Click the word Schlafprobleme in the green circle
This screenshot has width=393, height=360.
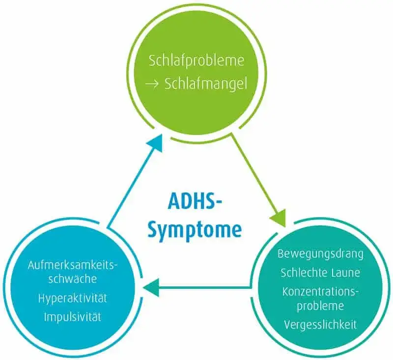pos(196,61)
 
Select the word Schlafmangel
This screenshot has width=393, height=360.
pos(206,83)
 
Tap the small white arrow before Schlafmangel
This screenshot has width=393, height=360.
pos(152,84)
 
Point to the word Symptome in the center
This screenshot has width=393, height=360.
pos(195,230)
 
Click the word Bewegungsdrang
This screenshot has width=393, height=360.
pos(320,254)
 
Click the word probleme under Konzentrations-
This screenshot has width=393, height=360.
pos(320,306)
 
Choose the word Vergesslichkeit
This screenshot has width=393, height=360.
pos(320,325)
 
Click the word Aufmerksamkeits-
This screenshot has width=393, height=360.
pos(73,265)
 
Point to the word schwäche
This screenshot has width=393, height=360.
pos(73,279)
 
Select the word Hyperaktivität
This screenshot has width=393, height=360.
pos(73,298)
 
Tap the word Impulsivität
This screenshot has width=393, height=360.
pos(73,317)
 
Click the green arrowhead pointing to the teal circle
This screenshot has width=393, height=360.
pos(279,217)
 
